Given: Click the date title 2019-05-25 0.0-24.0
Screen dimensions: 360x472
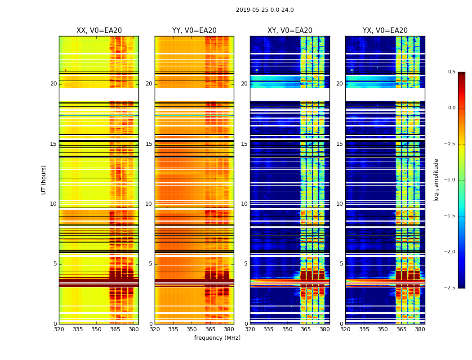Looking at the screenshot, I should [265, 10].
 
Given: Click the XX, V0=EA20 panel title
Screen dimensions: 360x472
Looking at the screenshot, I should [99, 31].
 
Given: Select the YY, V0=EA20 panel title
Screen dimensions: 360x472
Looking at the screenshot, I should [194, 31].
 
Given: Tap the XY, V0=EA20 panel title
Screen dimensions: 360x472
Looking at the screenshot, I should [290, 31].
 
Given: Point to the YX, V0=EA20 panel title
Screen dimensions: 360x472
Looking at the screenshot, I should [385, 31].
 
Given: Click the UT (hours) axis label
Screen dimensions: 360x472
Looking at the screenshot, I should [44, 180].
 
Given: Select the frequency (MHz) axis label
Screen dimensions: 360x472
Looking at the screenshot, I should [217, 338].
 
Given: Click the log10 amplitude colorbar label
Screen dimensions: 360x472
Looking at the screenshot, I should [436, 180].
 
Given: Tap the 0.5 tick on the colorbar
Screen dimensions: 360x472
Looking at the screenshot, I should [451, 72].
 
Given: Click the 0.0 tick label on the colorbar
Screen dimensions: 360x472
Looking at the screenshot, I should [451, 108].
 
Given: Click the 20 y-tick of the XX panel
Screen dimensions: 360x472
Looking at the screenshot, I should [53, 84].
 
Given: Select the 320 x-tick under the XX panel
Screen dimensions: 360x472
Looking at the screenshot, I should [59, 329].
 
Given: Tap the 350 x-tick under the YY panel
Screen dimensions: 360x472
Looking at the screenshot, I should [192, 329].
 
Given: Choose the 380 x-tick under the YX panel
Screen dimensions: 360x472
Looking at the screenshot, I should [420, 329].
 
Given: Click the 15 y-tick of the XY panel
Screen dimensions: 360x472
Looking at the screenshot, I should [244, 144].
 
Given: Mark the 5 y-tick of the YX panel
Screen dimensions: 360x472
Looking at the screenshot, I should [341, 264].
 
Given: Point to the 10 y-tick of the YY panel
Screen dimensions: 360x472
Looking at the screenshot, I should [149, 204].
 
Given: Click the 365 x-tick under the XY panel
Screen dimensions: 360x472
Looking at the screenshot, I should [306, 329].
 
